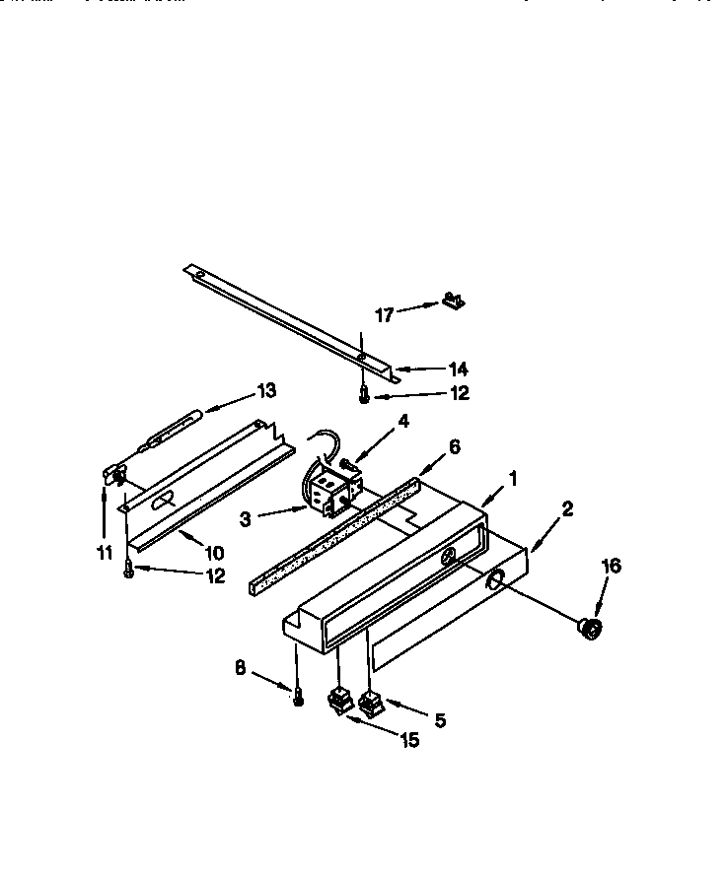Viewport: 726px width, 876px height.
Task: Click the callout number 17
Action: (385, 315)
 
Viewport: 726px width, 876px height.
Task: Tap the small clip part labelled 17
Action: (453, 300)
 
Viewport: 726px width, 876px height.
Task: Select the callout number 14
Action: (457, 370)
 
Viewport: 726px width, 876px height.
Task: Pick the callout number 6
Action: (454, 446)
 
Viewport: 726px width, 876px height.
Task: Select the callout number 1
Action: (511, 481)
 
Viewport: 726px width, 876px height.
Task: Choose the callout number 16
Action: (611, 566)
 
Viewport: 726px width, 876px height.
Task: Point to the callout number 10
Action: (212, 552)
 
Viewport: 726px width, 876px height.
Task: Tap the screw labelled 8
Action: (297, 696)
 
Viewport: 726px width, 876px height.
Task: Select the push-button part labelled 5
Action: (371, 704)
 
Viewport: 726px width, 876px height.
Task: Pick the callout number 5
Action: (440, 720)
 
